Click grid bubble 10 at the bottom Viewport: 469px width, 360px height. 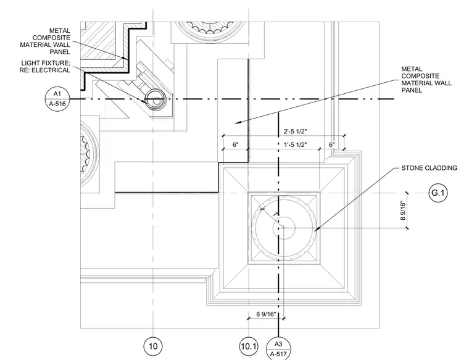coord(153,346)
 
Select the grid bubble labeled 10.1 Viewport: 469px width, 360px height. coord(249,346)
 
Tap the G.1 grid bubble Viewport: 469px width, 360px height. coord(438,193)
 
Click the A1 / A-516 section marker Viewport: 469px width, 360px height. coord(57,99)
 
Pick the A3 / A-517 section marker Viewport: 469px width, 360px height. coord(278,349)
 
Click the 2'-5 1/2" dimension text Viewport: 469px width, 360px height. coord(295,131)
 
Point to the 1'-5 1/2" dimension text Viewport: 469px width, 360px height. coord(295,145)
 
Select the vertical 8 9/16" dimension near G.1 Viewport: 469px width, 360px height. coord(403,211)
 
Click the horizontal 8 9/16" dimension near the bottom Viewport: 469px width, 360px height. coord(266,314)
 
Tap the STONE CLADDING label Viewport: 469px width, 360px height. coord(430,168)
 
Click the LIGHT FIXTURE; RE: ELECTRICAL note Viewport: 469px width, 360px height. coord(45,67)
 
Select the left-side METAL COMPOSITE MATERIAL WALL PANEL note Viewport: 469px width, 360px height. coord(45,41)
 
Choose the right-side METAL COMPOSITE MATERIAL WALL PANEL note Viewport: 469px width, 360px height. coord(426,80)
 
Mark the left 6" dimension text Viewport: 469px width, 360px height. coord(236,145)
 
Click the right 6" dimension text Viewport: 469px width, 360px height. coord(332,145)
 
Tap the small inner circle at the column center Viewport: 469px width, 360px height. coord(284,228)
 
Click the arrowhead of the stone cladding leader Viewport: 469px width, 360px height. coord(315,230)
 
